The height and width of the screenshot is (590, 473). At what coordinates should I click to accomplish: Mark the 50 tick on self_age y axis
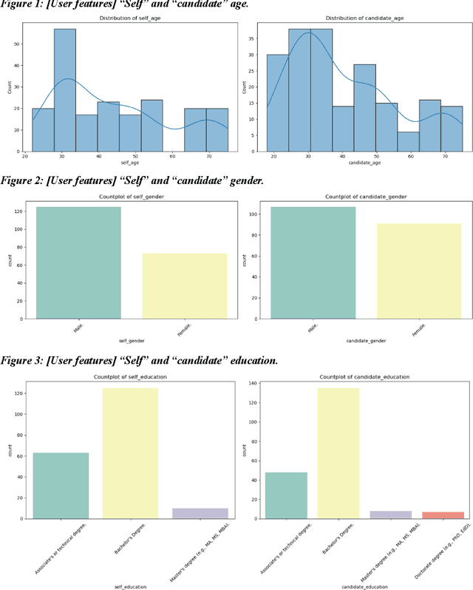(17, 44)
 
